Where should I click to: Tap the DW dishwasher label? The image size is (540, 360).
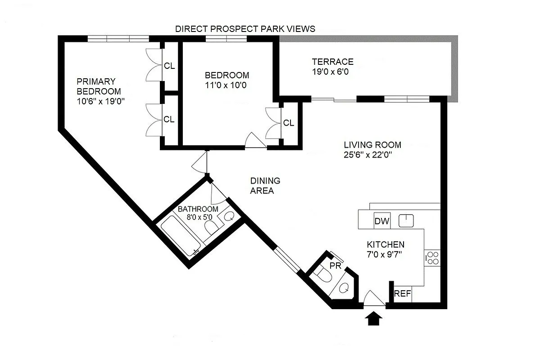tap(382, 221)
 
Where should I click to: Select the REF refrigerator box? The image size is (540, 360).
tap(403, 294)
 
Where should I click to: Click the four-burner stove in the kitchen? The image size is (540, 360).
tap(432, 257)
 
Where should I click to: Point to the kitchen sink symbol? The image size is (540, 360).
tap(407, 220)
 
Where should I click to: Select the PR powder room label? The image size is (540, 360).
tap(335, 265)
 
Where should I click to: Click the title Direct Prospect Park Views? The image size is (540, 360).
tap(245, 29)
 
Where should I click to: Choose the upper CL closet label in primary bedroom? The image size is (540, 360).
tap(169, 66)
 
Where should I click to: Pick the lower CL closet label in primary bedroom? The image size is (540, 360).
tap(169, 119)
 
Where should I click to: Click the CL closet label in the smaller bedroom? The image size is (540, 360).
tap(288, 123)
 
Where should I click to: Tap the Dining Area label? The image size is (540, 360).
tap(265, 185)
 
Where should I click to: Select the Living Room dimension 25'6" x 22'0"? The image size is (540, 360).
tap(372, 155)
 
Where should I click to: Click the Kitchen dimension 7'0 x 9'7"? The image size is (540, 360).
tap(384, 255)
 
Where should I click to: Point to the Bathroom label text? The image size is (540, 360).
tap(198, 209)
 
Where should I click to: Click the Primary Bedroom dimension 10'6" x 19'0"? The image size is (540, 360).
tap(100, 101)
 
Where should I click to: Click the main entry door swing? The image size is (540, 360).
tap(373, 297)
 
